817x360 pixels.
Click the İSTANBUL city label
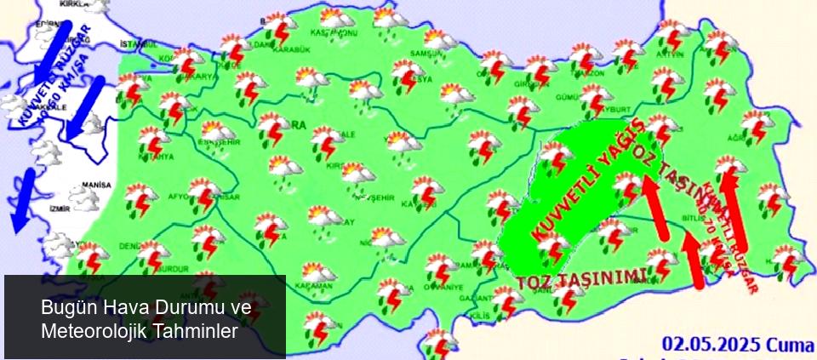[x=140, y=43]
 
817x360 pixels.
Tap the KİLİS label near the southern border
[x=478, y=316]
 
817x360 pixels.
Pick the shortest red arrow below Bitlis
[x=694, y=260]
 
